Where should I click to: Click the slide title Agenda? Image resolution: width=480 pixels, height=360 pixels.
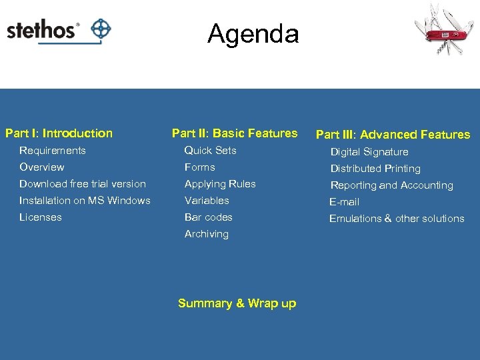[253, 33]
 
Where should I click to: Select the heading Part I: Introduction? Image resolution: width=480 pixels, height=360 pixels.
[59, 133]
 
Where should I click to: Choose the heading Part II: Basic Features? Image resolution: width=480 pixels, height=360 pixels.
[235, 133]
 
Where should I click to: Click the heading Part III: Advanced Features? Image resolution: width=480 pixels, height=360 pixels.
[393, 135]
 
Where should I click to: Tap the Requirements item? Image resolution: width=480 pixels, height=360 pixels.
[52, 151]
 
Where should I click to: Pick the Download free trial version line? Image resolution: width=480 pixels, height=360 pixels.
[82, 184]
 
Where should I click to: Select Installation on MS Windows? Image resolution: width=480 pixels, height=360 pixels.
[85, 201]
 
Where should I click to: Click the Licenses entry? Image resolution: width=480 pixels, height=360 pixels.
[40, 217]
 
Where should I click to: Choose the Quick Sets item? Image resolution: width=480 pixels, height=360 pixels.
[210, 151]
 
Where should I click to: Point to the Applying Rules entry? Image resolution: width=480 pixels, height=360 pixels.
[220, 184]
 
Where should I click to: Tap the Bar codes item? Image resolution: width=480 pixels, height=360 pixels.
[208, 217]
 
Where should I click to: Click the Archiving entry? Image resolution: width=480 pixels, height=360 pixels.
[206, 234]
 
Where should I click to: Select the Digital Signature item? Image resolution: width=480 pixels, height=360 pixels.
[369, 152]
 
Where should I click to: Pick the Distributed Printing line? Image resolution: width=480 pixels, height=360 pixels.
[375, 169]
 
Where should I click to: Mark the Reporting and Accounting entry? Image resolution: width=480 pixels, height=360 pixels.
[391, 185]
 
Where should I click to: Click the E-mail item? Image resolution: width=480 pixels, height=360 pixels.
[344, 202]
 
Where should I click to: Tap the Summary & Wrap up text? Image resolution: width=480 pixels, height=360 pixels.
[237, 303]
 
